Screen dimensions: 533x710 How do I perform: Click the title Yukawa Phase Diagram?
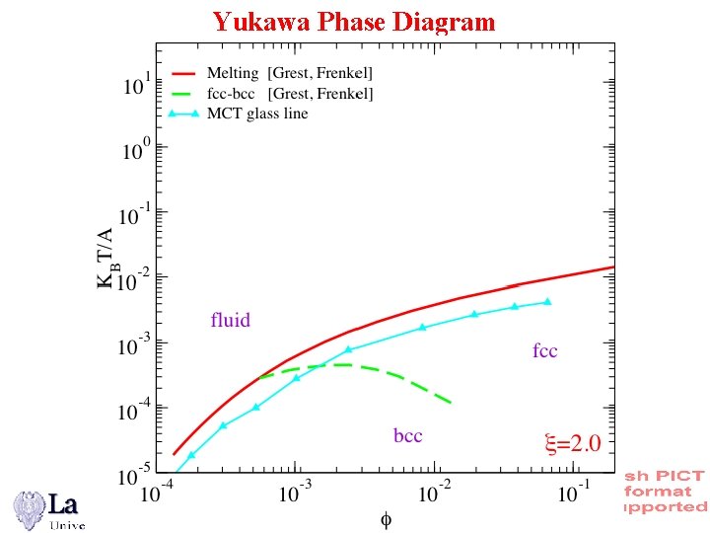(354, 21)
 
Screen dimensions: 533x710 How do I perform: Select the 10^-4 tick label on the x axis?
(153, 491)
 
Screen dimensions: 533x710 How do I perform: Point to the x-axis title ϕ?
(386, 516)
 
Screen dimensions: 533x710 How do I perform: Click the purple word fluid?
(231, 320)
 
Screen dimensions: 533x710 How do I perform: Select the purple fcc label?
(544, 351)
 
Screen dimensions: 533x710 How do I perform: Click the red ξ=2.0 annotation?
(572, 443)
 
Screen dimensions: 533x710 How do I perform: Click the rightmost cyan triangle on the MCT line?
(547, 301)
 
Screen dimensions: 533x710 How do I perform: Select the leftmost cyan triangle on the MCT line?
(191, 455)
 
